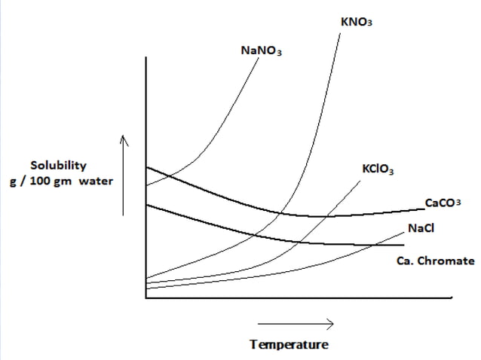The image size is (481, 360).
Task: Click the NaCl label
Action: tap(421, 228)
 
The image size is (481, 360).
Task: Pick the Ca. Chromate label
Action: tap(435, 261)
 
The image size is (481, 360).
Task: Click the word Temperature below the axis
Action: tap(290, 345)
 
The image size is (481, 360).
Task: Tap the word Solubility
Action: tap(58, 165)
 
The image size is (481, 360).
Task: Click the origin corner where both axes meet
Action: tap(146, 297)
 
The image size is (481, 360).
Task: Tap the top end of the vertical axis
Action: tap(146, 59)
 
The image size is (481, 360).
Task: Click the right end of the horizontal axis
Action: tap(452, 297)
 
